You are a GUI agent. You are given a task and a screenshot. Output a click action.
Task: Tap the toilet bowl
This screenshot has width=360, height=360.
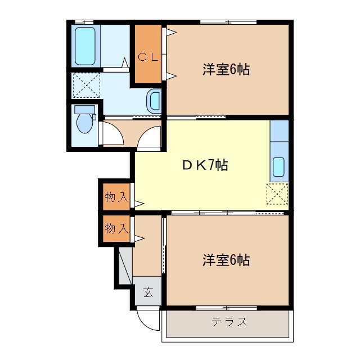(x=85, y=123)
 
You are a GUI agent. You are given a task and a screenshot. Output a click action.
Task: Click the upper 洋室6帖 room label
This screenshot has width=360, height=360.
(x=226, y=70)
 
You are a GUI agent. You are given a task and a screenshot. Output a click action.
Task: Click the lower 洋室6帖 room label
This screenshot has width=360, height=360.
(x=226, y=260)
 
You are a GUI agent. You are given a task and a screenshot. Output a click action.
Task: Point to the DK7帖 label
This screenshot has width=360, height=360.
(x=204, y=165)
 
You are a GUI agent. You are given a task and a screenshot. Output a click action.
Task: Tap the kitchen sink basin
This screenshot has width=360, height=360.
(x=279, y=167)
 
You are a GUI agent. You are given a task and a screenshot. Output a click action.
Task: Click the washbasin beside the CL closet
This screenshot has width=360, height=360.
(x=154, y=102)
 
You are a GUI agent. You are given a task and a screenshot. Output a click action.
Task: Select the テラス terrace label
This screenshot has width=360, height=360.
(x=229, y=322)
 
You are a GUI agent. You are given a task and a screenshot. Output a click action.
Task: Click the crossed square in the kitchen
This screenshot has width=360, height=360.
(x=277, y=193)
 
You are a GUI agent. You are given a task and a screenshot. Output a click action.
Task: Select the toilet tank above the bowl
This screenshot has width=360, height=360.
(x=85, y=109)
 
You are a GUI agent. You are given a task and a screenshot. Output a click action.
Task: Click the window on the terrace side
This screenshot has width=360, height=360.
(x=227, y=307)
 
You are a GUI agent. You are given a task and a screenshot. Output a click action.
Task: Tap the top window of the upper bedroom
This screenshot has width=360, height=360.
(x=228, y=22)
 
